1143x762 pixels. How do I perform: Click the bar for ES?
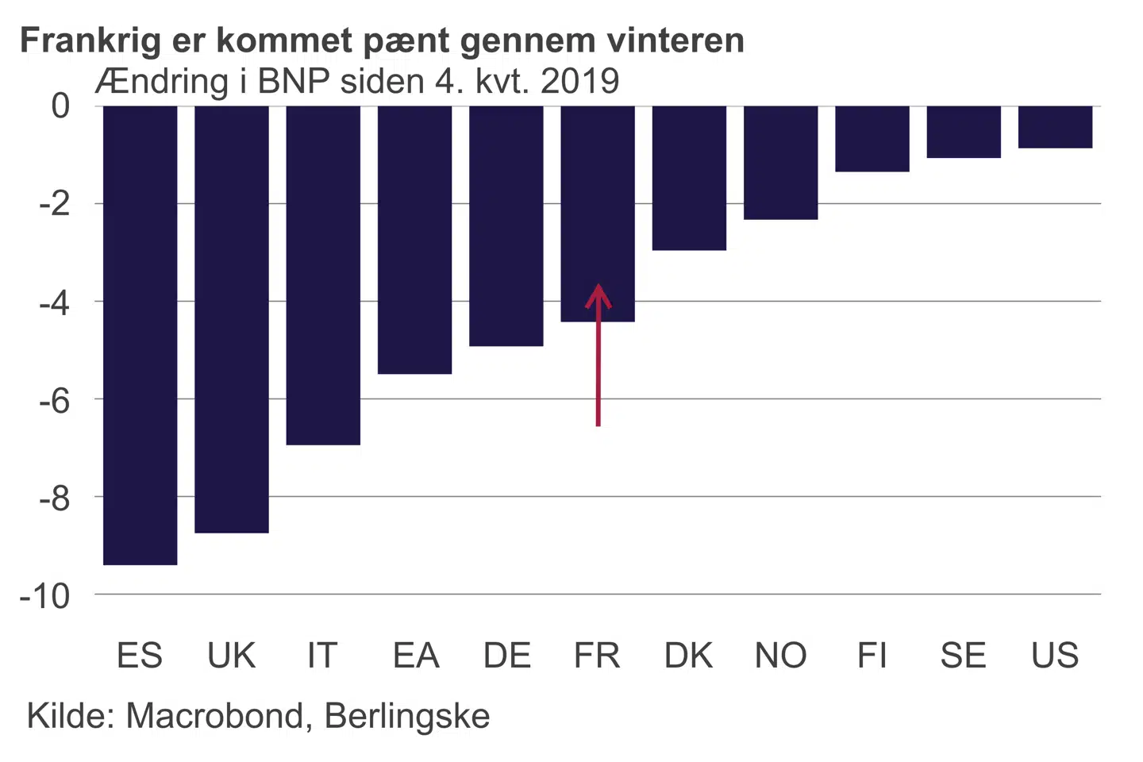pos(140,334)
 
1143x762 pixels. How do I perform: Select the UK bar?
pos(232,318)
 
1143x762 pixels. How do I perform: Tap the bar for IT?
pos(323,275)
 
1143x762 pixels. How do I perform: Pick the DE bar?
pos(506,225)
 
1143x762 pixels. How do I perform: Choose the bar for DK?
pos(689,178)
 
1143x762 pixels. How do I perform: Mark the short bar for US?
pos(1055,127)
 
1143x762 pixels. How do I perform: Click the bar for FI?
pos(872,139)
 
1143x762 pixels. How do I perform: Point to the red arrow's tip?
pos(598,286)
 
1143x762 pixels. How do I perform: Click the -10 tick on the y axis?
pos(44,596)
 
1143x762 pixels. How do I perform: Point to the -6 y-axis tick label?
pos(54,401)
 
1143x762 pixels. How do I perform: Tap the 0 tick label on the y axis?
pos(60,106)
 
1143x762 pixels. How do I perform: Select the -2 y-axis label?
pos(54,205)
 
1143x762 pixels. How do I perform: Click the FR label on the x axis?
pos(597,656)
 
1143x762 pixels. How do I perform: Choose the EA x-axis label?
pos(416,656)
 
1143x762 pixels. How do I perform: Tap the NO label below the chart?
pos(780,656)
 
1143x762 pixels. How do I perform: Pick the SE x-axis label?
pos(963,656)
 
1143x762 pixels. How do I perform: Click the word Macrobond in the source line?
pos(214,716)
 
